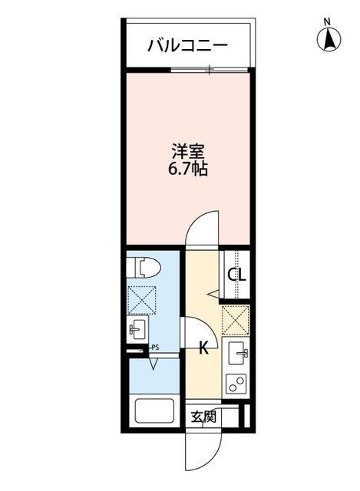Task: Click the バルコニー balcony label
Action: (x=187, y=45)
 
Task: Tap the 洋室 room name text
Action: (x=187, y=150)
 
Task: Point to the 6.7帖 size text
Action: (x=187, y=168)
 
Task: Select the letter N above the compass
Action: (x=327, y=21)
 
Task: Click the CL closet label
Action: (x=235, y=275)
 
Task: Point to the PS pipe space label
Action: (x=154, y=348)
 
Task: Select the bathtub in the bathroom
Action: (x=156, y=412)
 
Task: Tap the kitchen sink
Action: (x=237, y=354)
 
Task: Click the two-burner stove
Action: (x=237, y=383)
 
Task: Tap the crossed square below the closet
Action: (x=235, y=318)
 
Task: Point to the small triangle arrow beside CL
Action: (x=215, y=292)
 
